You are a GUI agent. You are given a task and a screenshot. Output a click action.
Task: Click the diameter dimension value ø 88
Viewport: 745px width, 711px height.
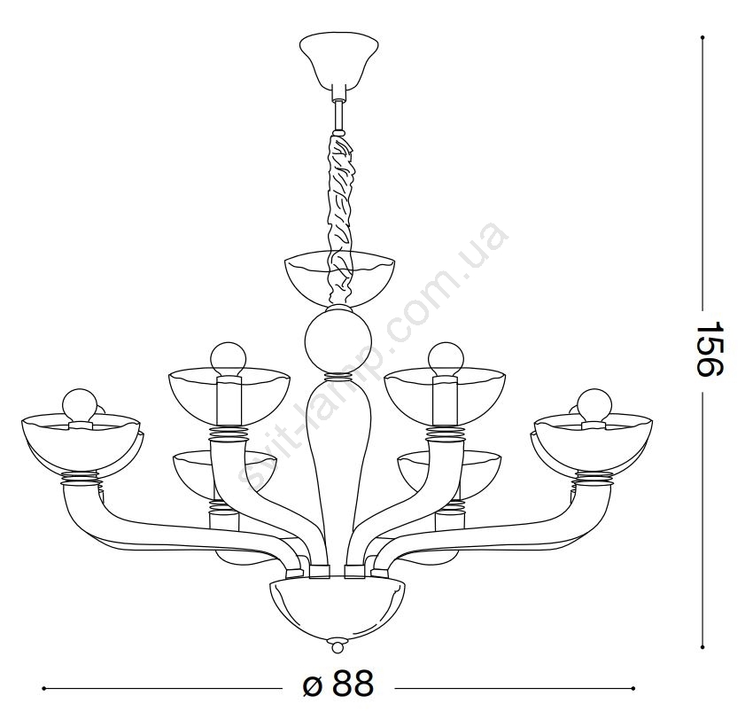(338, 684)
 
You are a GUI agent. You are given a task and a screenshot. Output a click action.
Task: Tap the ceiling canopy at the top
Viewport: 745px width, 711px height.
(338, 59)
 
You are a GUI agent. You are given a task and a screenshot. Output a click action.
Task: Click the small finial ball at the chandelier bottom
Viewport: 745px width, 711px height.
(337, 647)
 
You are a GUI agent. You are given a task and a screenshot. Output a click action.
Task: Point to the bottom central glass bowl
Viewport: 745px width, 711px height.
(338, 609)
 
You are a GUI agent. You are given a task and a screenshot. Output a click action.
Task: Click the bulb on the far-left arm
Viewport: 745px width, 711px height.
(80, 405)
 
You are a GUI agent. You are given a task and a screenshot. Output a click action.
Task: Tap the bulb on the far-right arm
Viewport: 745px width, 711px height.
(594, 405)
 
